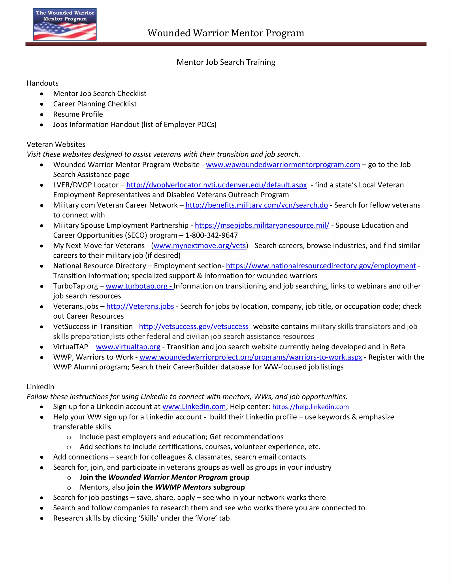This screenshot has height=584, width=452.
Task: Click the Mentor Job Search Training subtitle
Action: (x=226, y=62)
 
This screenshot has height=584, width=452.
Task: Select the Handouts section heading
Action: (x=42, y=83)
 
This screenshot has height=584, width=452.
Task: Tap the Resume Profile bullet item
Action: (x=78, y=114)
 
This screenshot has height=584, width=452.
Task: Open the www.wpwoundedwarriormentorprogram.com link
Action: (x=283, y=165)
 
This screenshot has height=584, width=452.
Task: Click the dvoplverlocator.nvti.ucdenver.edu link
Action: (x=216, y=185)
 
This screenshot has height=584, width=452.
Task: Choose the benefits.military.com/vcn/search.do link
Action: (x=256, y=205)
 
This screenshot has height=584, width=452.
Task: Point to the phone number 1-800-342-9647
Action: (x=211, y=235)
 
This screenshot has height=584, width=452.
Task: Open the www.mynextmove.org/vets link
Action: (x=200, y=246)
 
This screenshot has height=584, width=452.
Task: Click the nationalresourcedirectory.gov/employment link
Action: (x=321, y=266)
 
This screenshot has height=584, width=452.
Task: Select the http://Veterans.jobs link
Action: (x=140, y=307)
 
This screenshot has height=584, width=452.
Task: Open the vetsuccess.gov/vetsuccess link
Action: (x=194, y=327)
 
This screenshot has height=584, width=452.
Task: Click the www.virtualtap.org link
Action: (x=128, y=347)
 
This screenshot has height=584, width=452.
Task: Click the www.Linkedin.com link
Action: (x=194, y=407)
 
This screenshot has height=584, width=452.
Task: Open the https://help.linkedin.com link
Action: (x=310, y=407)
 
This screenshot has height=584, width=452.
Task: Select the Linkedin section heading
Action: (x=40, y=387)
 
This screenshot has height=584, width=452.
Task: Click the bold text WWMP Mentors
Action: (x=183, y=487)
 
